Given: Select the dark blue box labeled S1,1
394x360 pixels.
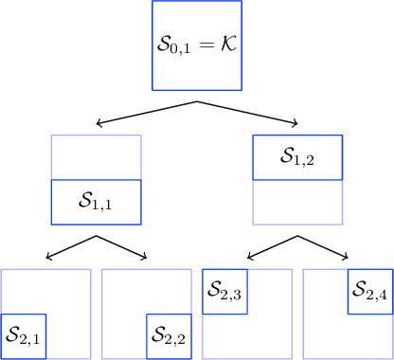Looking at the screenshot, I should [96, 202].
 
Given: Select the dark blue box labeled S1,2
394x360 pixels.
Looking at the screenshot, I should [296, 157].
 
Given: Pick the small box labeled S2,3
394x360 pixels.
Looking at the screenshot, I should [225, 292].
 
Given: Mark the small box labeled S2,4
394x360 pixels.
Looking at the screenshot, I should [370, 292].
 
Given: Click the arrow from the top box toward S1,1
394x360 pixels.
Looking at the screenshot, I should [142, 113].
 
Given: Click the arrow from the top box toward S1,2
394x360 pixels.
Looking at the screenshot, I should [251, 113].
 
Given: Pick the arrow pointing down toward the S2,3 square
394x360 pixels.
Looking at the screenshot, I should [270, 247].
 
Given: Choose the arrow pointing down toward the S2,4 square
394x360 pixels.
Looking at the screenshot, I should [327, 247].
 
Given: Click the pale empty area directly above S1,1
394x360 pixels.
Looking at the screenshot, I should [96, 157].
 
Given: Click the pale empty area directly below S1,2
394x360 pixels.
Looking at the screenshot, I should [296, 202].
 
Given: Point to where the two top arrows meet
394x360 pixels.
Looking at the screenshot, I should [197, 100].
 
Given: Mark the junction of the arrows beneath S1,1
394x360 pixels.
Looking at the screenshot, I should [97, 236].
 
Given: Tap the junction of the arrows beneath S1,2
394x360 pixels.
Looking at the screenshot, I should [297, 236].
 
